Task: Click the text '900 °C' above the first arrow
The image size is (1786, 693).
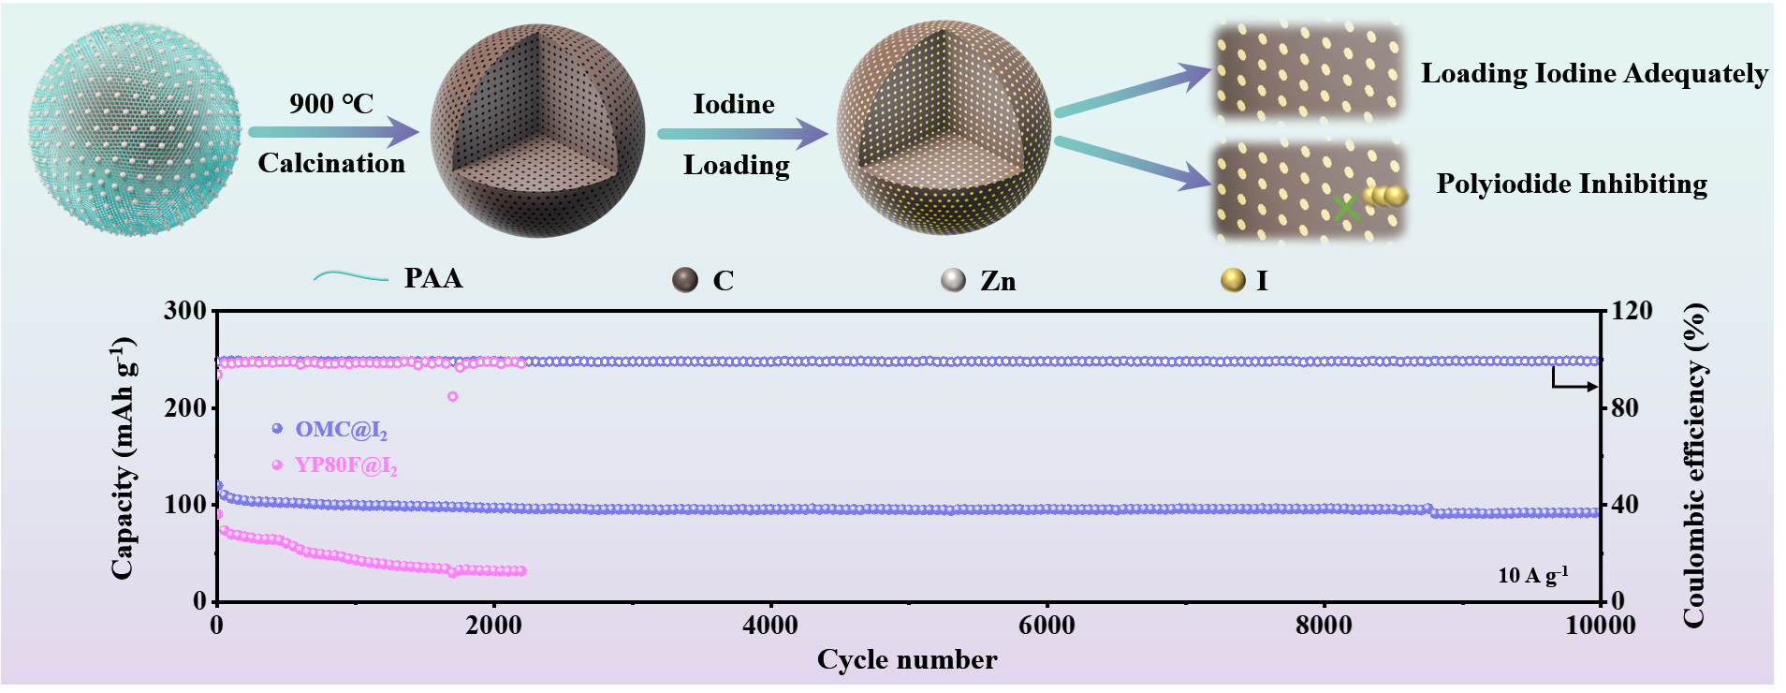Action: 331,103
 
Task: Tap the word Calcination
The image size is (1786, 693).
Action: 331,163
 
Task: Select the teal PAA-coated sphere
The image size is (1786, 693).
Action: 135,131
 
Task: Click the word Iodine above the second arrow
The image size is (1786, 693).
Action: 733,104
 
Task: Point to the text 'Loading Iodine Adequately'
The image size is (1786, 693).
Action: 1594,73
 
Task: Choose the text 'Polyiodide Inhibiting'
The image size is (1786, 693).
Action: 1572,184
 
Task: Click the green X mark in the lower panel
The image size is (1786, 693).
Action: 1345,208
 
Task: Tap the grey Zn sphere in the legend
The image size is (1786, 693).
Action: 953,280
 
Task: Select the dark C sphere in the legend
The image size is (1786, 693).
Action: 685,280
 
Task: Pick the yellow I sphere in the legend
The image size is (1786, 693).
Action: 1233,280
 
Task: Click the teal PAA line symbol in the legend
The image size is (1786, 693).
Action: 350,277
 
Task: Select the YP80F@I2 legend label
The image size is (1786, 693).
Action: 345,465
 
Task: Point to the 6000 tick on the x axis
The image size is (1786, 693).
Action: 1047,626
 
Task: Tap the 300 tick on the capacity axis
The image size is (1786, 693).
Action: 184,311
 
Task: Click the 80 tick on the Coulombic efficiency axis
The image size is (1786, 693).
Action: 1624,408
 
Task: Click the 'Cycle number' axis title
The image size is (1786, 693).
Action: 906,659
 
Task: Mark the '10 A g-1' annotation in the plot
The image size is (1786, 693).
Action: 1532,575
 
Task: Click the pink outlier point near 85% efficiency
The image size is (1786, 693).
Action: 452,396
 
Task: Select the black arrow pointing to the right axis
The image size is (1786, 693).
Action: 1576,384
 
